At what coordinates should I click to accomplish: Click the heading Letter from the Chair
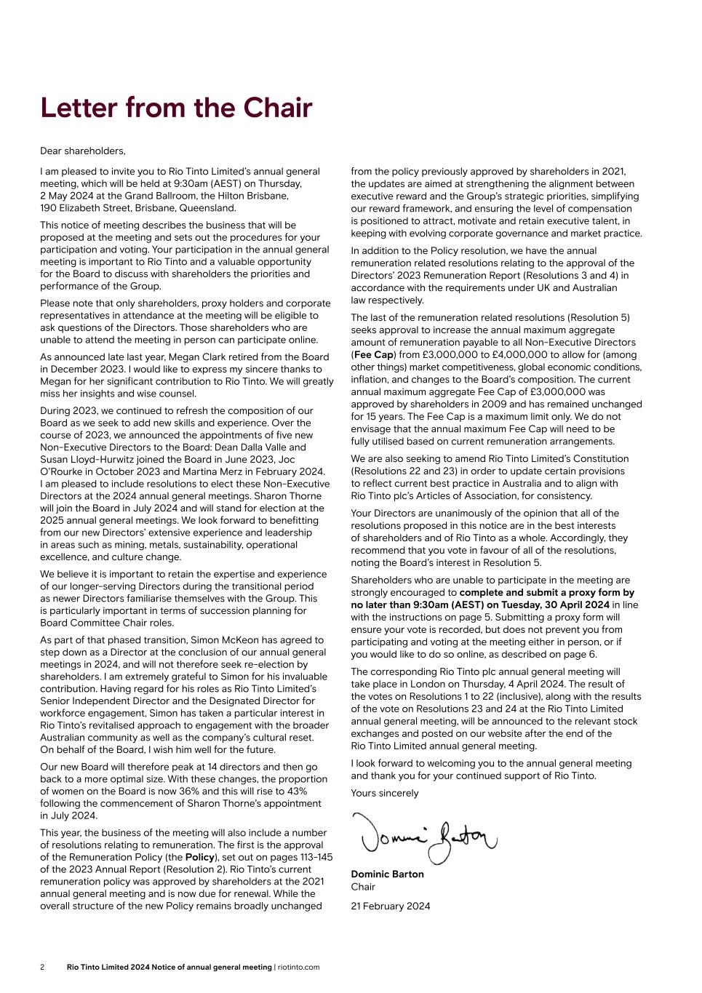point(176,108)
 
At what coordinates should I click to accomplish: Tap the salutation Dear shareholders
point(82,151)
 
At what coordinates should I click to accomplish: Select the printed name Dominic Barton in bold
point(387,874)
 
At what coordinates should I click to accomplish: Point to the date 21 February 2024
point(390,906)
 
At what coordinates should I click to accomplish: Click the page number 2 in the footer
point(42,967)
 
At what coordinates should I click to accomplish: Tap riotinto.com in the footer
point(298,967)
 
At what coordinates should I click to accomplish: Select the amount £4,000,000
point(519,354)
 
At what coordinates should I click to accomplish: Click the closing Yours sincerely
point(385,793)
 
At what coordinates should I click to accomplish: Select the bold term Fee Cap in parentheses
point(373,354)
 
